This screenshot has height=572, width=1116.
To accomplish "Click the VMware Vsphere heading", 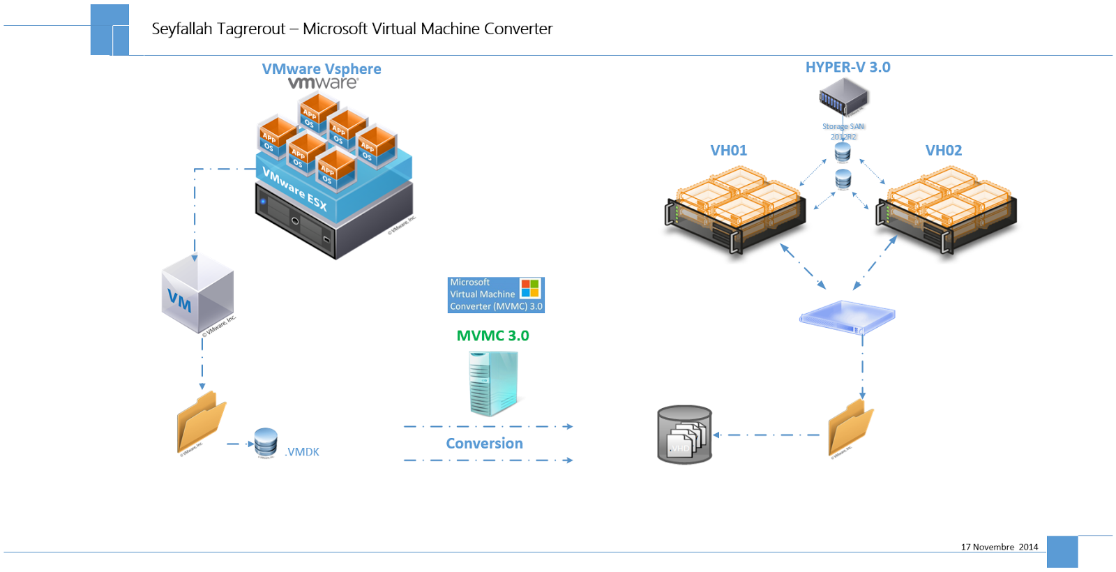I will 322,69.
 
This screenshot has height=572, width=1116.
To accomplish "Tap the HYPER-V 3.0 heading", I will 847,68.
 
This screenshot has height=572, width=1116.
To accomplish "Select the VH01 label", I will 728,151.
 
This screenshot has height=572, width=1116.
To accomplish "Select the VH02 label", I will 943,151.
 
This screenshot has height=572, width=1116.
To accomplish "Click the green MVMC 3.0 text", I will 492,336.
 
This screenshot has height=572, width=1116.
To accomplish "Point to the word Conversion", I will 484,444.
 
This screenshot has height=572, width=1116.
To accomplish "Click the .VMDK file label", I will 303,452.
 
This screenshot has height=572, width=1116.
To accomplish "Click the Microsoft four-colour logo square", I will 530,288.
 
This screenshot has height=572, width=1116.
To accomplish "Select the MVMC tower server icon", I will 493,383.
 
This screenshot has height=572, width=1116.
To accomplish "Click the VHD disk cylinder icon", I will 684,435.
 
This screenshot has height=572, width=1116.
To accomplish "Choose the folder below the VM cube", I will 201,422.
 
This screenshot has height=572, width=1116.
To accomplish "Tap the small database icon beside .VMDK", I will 266,442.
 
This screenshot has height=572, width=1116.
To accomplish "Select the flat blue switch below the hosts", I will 847,317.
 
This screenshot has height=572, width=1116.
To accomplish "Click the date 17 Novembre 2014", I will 999,547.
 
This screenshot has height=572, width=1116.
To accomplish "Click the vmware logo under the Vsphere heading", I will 323,83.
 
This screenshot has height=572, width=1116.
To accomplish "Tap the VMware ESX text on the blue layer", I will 294,189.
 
